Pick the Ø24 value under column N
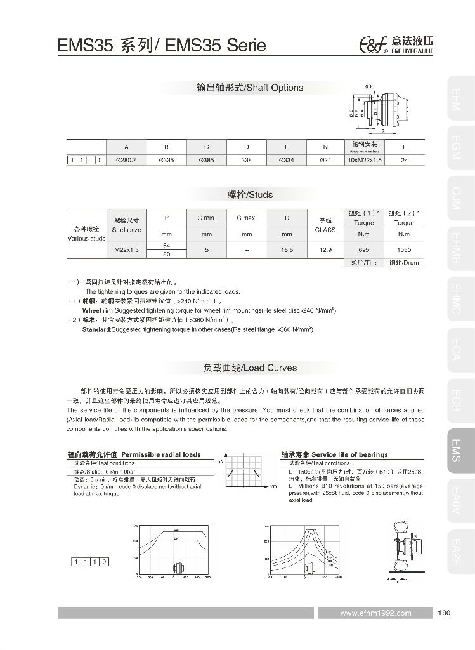coord(325,160)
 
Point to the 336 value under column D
coord(246,160)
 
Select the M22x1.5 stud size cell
coord(127,250)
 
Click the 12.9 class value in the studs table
coord(325,250)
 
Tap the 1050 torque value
coord(403,250)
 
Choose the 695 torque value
coord(364,250)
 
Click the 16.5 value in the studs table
coord(286,250)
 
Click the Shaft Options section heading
coord(250,88)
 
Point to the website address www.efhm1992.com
coord(375,613)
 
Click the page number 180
coord(443,613)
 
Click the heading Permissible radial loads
coord(134,454)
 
